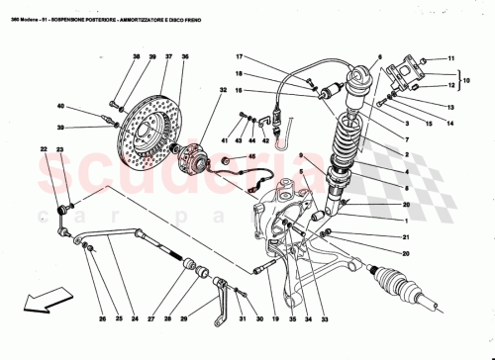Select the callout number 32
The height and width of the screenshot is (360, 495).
212,92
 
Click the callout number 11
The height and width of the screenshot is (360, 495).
451,59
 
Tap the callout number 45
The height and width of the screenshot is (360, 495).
249,156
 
